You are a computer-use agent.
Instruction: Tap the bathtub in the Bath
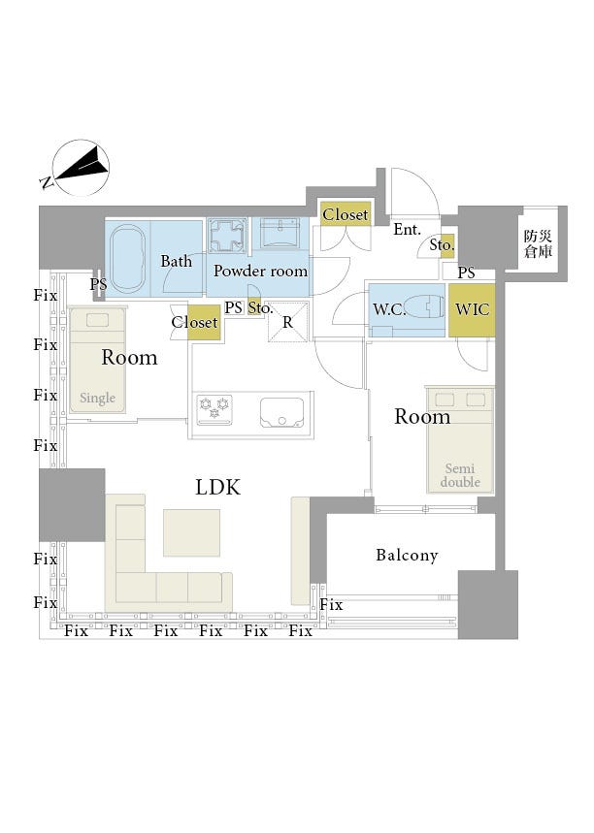coord(127,258)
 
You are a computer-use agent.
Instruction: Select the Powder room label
coord(260,272)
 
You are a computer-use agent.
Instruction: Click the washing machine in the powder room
coord(229,237)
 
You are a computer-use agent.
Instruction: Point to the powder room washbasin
coord(281,234)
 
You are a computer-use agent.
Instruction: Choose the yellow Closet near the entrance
coord(346,214)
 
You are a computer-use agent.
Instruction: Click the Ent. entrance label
coord(407,230)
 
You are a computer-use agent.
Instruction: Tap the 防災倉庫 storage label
coord(539,243)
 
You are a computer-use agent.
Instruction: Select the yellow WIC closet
coord(473,309)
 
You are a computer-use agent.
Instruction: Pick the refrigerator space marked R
coord(287,322)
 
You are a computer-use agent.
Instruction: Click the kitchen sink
coord(282,411)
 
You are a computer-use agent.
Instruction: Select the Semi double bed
coord(460,437)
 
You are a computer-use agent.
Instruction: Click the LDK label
coord(217,487)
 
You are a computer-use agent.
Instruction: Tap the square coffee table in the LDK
coord(191,532)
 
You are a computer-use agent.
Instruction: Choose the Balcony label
coord(407,556)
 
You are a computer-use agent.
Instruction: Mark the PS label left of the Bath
coord(98,285)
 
